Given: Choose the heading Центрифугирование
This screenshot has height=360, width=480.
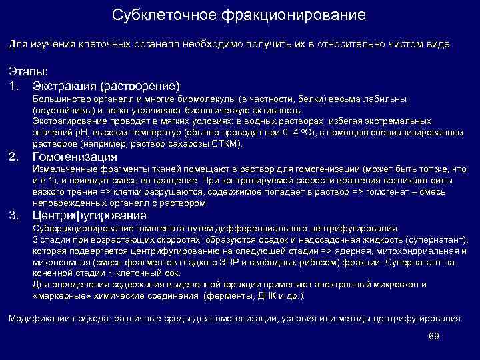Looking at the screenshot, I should click(x=89, y=216).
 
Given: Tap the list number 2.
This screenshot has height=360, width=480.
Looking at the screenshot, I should click(x=13, y=157).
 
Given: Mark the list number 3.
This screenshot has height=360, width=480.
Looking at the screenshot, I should click(x=13, y=216).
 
